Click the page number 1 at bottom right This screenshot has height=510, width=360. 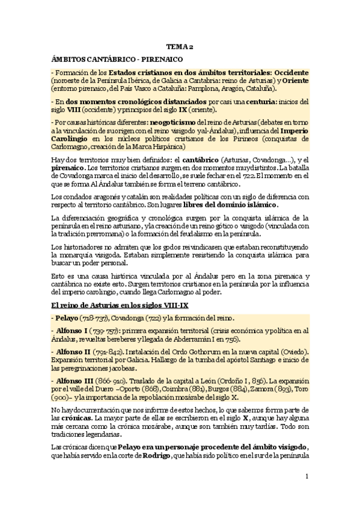[x=307, y=479]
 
